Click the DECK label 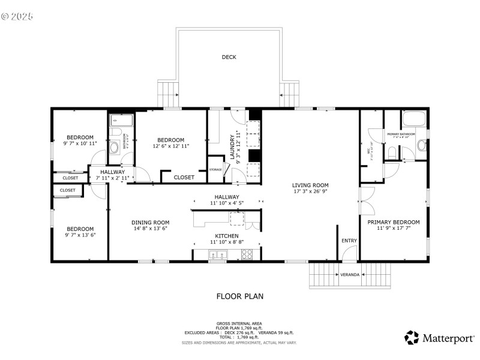tap(229, 58)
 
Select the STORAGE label tap(215, 169)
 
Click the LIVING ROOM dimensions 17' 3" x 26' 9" tap(310, 192)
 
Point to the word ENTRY tap(349, 241)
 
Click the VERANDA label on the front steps tap(350, 275)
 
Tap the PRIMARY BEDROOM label tap(394, 221)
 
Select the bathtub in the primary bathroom tap(414, 118)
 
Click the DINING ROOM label tap(151, 222)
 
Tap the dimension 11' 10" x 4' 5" tap(227, 203)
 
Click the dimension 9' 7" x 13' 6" tap(80, 235)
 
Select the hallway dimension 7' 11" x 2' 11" tap(113, 178)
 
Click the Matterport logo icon tap(412, 338)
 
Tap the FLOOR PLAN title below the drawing tap(239, 296)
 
